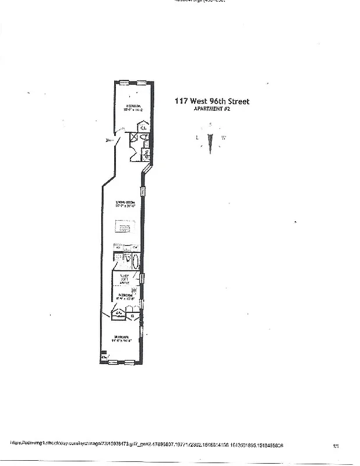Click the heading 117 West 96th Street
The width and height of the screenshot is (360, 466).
(x=212, y=101)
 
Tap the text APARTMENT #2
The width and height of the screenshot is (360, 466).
(x=212, y=109)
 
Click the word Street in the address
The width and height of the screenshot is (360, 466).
(x=238, y=101)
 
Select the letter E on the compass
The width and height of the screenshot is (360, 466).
(x=197, y=137)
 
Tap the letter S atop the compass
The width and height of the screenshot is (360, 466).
(x=210, y=125)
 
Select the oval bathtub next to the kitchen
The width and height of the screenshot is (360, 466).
(x=135, y=262)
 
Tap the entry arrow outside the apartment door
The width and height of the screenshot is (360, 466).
(x=108, y=140)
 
